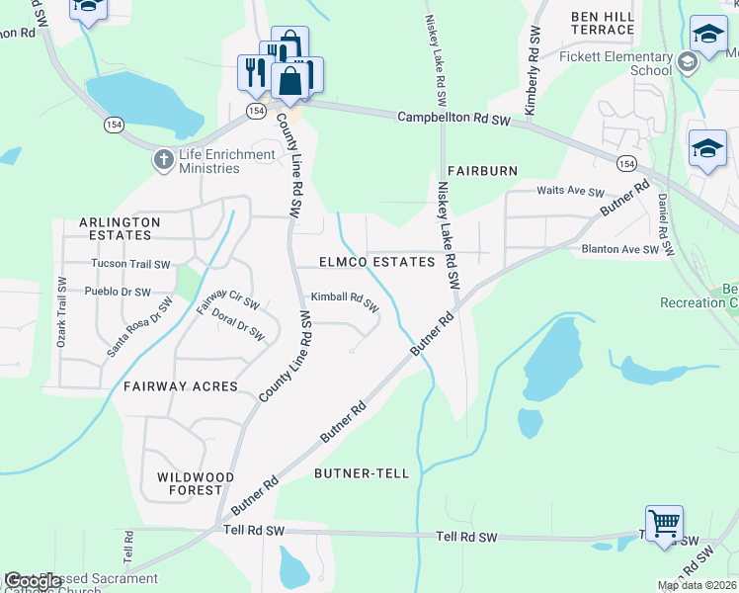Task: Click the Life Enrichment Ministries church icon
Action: (x=163, y=159)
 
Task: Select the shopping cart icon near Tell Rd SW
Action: (x=664, y=521)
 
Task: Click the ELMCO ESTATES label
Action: (x=376, y=262)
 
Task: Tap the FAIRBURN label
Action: (x=482, y=171)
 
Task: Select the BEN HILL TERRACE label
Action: (x=608, y=24)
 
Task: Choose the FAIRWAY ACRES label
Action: (x=180, y=386)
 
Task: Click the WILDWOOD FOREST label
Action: (x=196, y=483)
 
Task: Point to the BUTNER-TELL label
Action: (x=361, y=473)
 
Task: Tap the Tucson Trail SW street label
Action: (x=130, y=264)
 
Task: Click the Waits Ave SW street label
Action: (x=569, y=192)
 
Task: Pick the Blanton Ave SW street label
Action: (x=619, y=250)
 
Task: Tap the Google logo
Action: (x=33, y=581)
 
